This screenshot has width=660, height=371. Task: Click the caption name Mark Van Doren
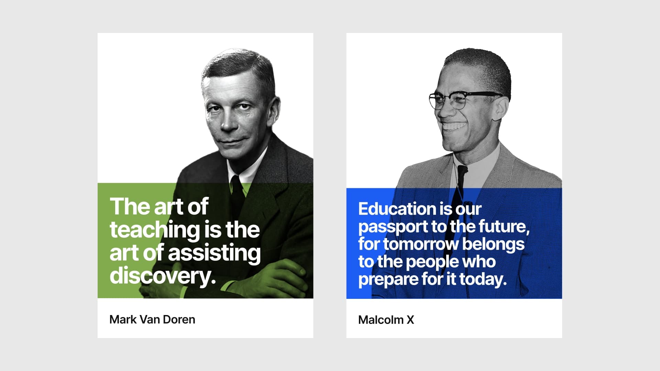coord(152,319)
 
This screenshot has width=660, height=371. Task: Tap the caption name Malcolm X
coord(386,320)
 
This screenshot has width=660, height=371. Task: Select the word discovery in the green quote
coord(163,276)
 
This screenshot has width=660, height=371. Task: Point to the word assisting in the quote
coord(214,253)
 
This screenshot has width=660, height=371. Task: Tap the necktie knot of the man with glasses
coord(462,170)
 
